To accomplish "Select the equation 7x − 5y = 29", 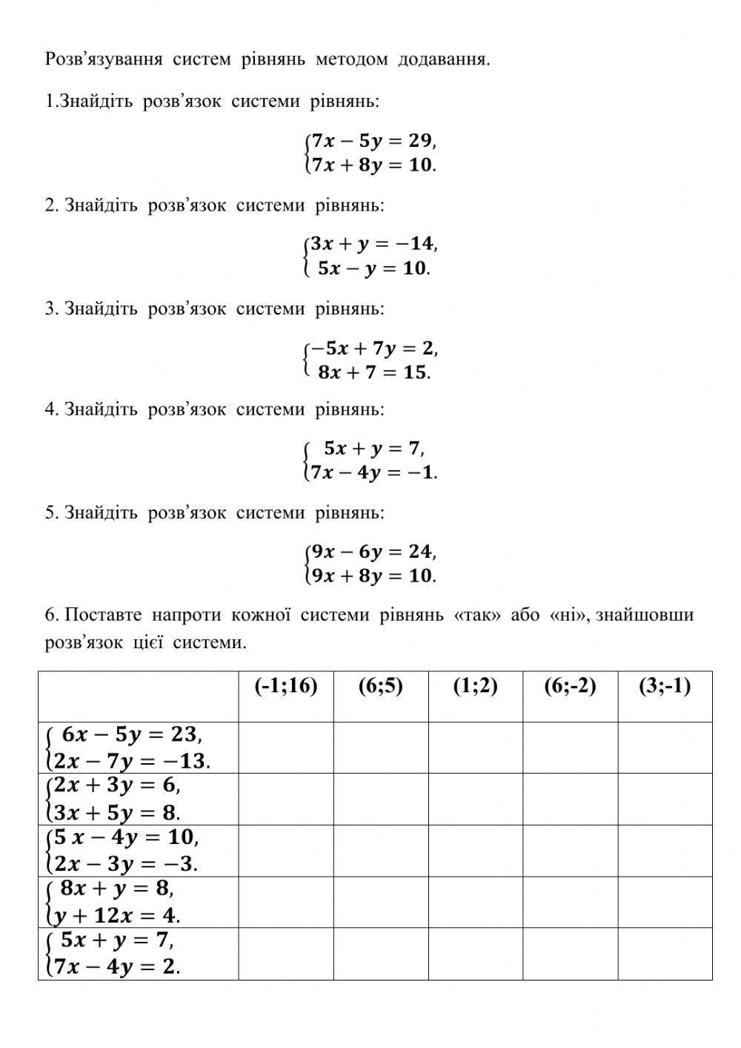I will [372, 140].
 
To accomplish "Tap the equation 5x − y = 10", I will [373, 268].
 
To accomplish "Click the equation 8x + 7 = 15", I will [373, 372].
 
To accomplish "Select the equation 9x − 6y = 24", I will [372, 551].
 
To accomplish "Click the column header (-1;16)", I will [286, 686].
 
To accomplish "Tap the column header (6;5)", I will [381, 686].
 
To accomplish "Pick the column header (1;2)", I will [476, 686].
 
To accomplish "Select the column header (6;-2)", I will [570, 686].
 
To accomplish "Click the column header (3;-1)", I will [665, 686].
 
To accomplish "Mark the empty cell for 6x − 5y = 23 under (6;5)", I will [381, 748].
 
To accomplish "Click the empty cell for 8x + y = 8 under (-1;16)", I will [286, 902].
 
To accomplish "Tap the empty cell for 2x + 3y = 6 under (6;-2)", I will [570, 799].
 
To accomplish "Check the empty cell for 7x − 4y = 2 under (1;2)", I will [476, 954].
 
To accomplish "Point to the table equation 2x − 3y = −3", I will [125, 863].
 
